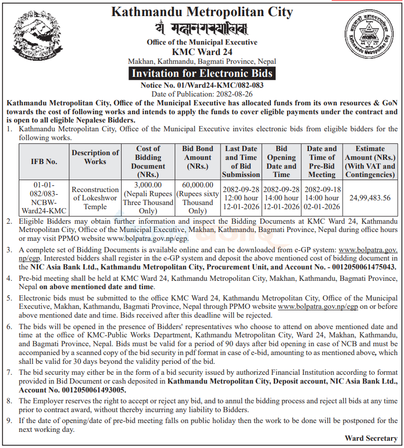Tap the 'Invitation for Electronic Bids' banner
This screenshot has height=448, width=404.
[x=202, y=73]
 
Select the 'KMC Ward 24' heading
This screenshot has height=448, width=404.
[x=202, y=51]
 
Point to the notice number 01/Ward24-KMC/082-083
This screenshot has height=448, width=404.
[x=202, y=85]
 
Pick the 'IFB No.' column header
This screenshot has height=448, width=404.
[x=44, y=161]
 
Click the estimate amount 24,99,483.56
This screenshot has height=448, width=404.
[x=370, y=198]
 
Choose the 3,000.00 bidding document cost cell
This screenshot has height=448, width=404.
[x=148, y=185]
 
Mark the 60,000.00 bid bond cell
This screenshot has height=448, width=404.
[x=198, y=185]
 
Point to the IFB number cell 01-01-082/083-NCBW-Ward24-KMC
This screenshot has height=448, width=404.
[x=44, y=198]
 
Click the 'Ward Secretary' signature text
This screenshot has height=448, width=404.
[x=371, y=439]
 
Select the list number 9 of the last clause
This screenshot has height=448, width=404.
[x=9, y=420]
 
